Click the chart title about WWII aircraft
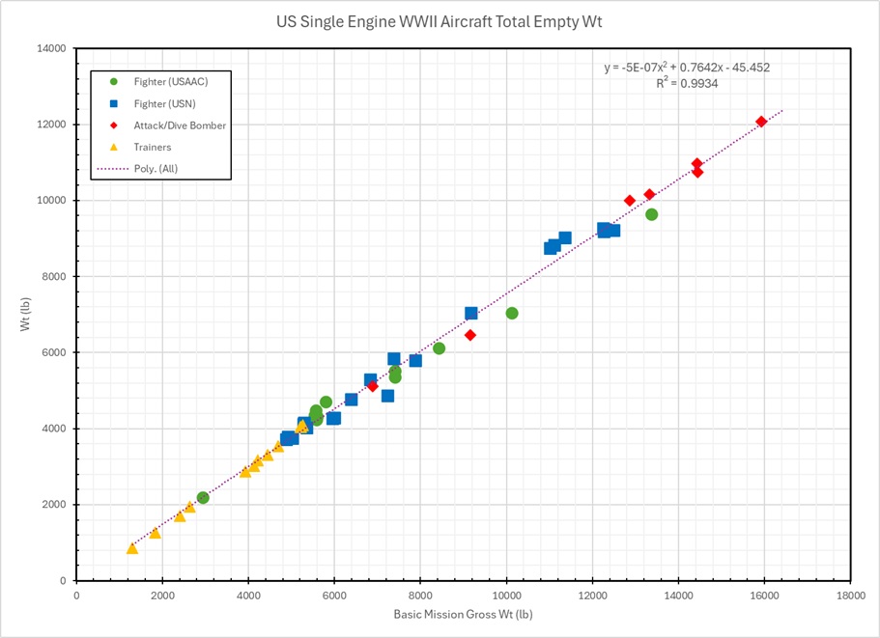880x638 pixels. (440, 21)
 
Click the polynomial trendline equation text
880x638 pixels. (686, 68)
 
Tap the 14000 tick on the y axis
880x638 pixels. (48, 48)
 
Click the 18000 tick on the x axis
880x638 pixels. (850, 596)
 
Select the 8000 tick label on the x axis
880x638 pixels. (420, 596)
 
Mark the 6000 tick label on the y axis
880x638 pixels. (52, 352)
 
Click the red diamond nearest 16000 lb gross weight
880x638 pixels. (761, 122)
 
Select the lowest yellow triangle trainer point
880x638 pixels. (132, 548)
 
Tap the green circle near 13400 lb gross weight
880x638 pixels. (651, 214)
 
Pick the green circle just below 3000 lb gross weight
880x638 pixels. (203, 498)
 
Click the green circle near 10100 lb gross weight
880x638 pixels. (512, 313)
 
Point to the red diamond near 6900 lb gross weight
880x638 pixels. (372, 386)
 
